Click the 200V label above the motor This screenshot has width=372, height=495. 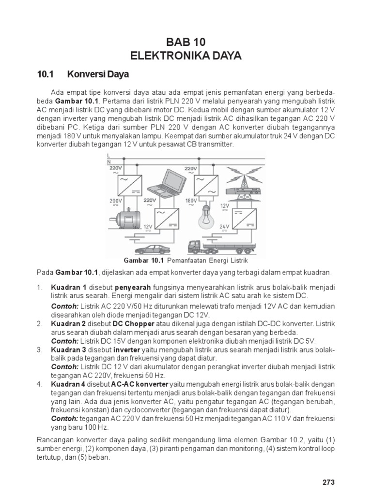click(115, 200)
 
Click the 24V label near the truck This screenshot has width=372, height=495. click(224, 226)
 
